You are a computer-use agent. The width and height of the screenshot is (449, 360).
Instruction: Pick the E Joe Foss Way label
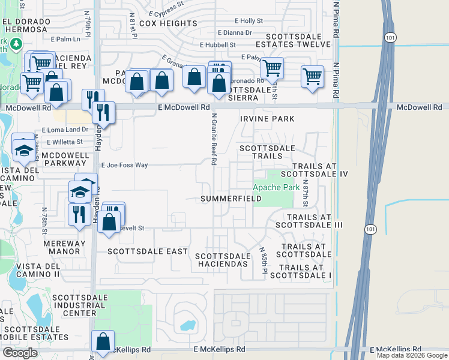click(124, 165)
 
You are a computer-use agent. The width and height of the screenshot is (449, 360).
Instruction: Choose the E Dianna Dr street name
click(235, 33)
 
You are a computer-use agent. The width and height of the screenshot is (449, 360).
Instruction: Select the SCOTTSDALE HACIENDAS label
click(222, 260)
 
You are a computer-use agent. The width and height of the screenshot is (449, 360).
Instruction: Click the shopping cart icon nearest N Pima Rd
click(313, 77)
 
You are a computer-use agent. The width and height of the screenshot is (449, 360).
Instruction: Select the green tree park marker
click(15, 44)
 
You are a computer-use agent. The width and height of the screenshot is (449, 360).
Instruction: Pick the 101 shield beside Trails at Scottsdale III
click(370, 229)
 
